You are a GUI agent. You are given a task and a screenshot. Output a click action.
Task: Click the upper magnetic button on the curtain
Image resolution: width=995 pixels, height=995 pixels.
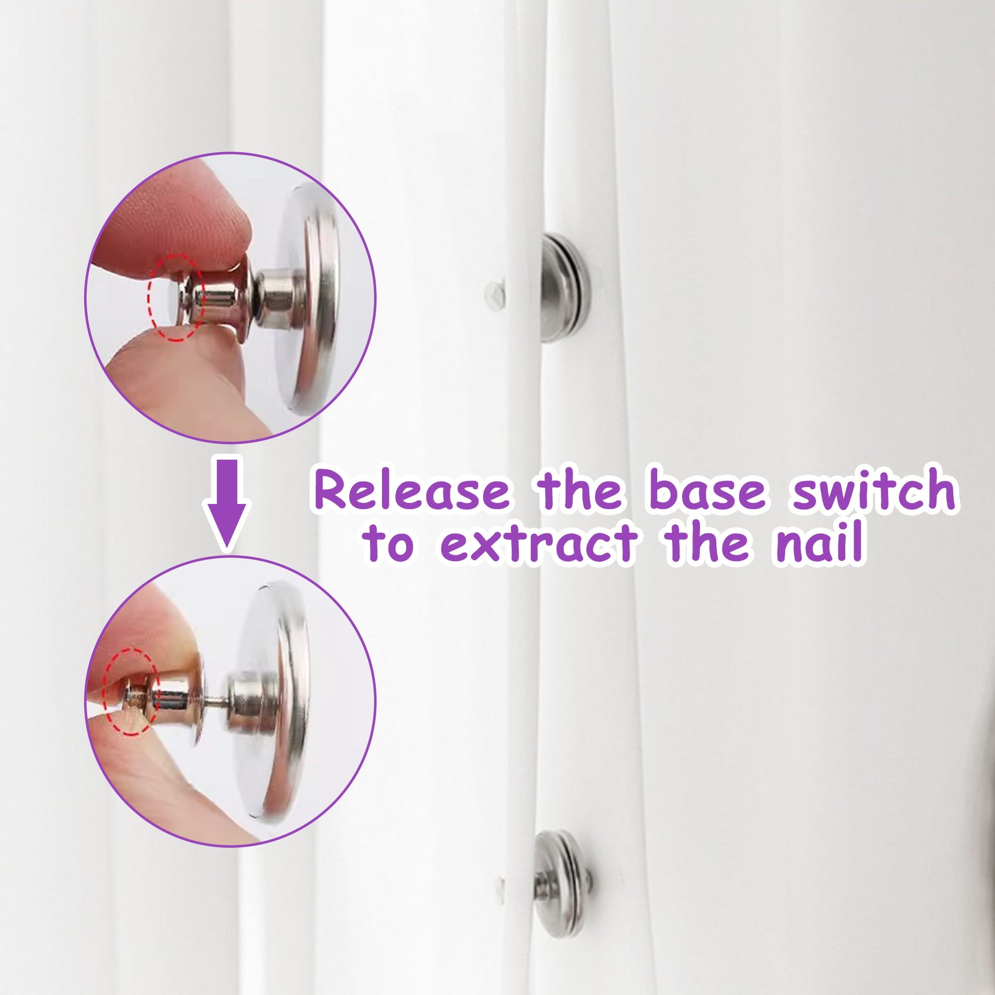point(566,288)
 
